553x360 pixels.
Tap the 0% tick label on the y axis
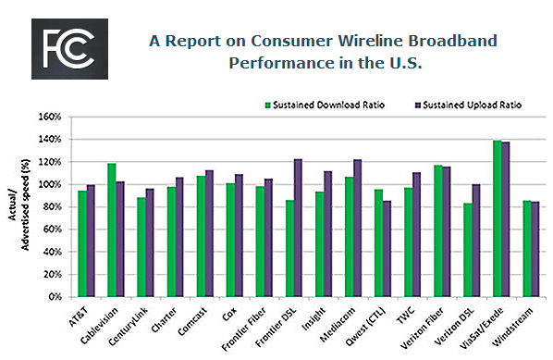pyautogui.click(x=54, y=297)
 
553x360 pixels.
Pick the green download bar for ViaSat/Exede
pyautogui.click(x=498, y=219)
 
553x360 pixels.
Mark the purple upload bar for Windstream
pyautogui.click(x=535, y=250)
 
